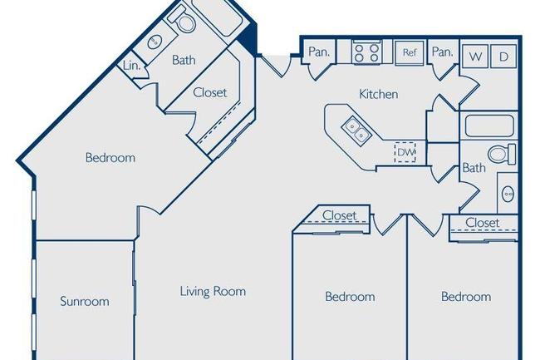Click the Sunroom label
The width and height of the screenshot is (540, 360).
tap(84, 302)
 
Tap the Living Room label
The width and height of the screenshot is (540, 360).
tap(213, 292)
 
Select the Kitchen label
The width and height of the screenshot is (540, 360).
tap(378, 94)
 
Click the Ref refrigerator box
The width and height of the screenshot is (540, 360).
tap(410, 52)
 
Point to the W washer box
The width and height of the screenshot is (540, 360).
tap(475, 56)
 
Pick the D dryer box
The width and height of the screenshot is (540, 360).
tap(503, 56)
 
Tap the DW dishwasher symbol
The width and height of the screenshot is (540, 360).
tap(405, 152)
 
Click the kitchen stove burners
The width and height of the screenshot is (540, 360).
tap(366, 52)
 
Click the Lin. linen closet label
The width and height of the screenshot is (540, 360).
tap(130, 66)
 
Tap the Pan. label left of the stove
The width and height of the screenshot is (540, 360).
tap(319, 52)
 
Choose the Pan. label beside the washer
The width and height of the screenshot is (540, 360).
tap(442, 52)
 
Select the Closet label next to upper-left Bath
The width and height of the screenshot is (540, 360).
tap(209, 93)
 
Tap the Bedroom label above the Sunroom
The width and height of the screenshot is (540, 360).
tap(110, 157)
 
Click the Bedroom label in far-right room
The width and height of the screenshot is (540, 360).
tap(465, 296)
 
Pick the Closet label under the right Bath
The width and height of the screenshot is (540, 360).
tap(482, 223)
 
